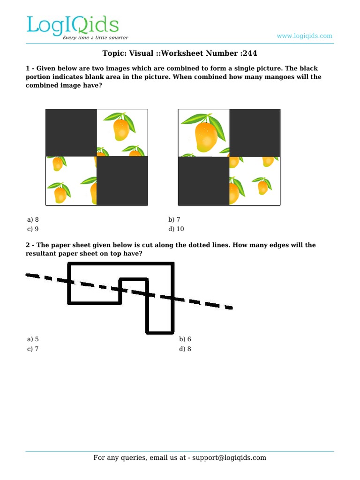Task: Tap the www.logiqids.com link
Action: (x=304, y=36)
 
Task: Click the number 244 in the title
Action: (x=250, y=53)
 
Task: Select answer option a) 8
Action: (x=33, y=219)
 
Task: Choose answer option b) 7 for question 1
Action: (x=174, y=219)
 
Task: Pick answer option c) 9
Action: (x=33, y=229)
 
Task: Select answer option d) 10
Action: (x=176, y=229)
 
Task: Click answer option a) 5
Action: (x=33, y=339)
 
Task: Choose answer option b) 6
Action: (x=185, y=339)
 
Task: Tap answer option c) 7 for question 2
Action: (x=33, y=349)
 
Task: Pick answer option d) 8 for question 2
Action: (x=185, y=349)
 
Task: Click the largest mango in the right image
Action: (x=206, y=136)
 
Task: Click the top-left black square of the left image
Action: (x=71, y=133)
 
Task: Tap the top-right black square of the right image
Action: (x=255, y=133)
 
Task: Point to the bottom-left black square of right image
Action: (x=203, y=181)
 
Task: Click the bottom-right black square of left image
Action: (x=122, y=180)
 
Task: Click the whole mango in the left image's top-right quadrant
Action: (x=120, y=129)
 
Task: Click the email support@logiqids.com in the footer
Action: (x=229, y=457)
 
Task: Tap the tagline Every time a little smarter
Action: (x=95, y=37)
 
